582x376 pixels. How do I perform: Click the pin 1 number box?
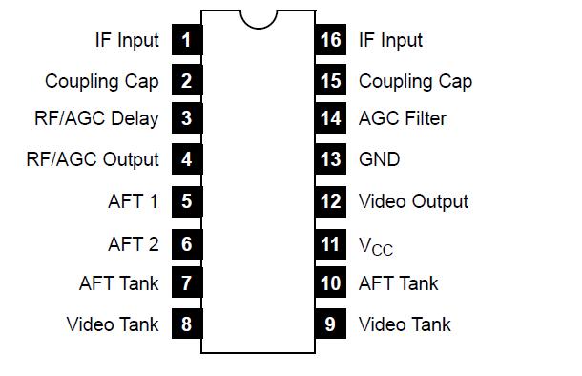point(186,40)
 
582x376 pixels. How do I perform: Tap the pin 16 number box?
point(330,40)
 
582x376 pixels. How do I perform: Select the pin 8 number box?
point(186,324)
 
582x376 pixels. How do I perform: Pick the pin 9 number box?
point(330,324)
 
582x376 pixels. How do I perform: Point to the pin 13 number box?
point(330,159)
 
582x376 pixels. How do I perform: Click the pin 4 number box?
point(186,159)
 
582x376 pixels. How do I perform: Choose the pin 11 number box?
point(330,244)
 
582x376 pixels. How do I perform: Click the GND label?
point(379,159)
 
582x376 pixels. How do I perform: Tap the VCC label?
point(375,246)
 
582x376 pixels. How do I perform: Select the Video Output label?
point(413,201)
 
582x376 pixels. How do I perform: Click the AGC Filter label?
point(402,118)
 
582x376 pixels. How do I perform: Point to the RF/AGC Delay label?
point(96,118)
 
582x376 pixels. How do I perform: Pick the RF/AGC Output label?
point(93,159)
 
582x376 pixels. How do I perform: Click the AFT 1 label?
point(134,201)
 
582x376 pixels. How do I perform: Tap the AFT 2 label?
point(134,244)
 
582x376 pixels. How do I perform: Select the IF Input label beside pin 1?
point(127,40)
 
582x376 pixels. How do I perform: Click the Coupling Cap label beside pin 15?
point(415,81)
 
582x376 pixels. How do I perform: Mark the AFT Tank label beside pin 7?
point(119,283)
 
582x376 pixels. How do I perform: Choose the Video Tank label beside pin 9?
point(405,324)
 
